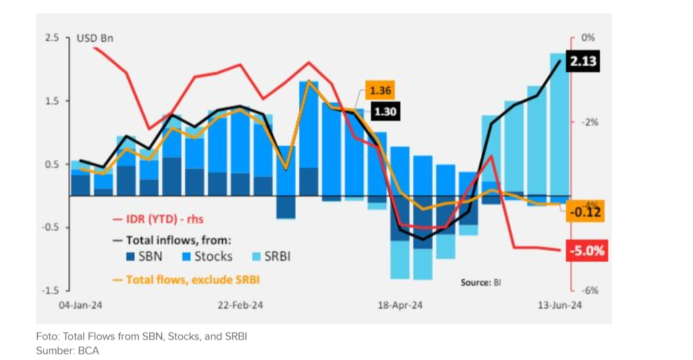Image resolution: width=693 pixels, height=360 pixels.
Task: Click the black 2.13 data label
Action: coord(583,62)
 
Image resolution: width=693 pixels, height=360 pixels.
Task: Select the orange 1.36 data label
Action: coord(380,91)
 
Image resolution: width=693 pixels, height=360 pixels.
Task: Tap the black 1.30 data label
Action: coord(385,112)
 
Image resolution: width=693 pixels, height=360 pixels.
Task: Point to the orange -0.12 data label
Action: coord(586,213)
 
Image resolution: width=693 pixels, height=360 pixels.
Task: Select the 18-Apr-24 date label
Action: coord(400,305)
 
